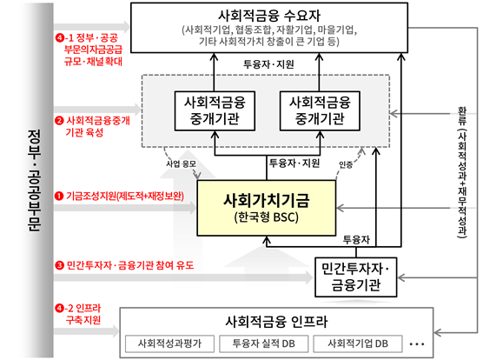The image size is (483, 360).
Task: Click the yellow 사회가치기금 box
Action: click(x=267, y=208)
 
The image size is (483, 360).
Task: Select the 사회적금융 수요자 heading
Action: click(x=269, y=15)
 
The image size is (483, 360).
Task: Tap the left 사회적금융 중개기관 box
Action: click(x=215, y=111)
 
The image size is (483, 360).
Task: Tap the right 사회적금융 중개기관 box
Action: click(x=320, y=111)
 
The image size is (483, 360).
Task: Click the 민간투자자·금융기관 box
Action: click(x=356, y=277)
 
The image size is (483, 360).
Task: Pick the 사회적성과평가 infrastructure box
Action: click(x=169, y=343)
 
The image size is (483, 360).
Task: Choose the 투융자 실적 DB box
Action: click(x=264, y=343)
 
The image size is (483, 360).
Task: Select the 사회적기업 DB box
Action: click(x=358, y=343)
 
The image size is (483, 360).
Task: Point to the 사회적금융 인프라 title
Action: click(x=276, y=322)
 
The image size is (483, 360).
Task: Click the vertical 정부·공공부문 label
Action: click(x=34, y=180)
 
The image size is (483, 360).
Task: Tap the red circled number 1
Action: click(x=59, y=196)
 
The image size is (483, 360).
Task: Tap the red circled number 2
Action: click(x=59, y=121)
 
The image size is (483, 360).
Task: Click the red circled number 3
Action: click(x=59, y=265)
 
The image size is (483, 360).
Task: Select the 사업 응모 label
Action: click(x=181, y=163)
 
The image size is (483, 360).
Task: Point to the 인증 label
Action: click(x=346, y=165)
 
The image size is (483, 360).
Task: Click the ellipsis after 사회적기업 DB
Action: click(x=417, y=344)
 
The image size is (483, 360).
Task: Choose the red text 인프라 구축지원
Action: click(x=83, y=314)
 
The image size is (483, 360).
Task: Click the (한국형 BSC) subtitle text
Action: click(x=267, y=217)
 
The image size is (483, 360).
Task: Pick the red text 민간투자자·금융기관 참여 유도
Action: click(x=130, y=265)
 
